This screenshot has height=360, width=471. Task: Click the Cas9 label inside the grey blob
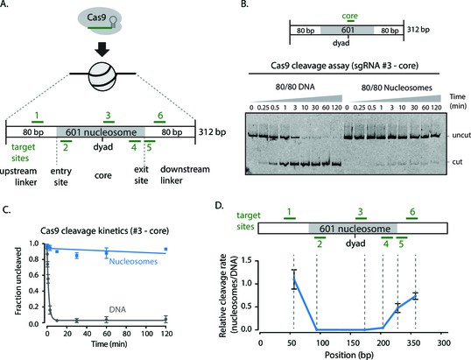point(96,18)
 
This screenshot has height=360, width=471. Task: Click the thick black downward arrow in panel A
point(102,49)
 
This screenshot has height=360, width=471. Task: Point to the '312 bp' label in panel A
point(212,132)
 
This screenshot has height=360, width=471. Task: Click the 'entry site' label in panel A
point(60,176)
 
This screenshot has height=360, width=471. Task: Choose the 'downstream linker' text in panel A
point(185,174)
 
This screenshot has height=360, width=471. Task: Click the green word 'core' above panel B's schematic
point(349,16)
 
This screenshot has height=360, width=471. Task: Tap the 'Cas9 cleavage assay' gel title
point(344,66)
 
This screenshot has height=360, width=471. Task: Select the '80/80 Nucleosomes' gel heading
point(397,88)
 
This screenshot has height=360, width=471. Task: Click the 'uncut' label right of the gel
point(461,135)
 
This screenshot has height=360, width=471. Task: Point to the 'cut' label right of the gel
point(457,162)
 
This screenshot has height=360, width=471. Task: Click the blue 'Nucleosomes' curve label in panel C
point(133,261)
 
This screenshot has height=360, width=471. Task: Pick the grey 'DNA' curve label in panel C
point(117,309)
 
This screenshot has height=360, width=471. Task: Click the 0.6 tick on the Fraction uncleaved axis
point(35,275)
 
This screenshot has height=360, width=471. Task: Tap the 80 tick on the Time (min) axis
point(126,334)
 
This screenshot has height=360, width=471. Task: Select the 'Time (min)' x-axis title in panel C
point(109,343)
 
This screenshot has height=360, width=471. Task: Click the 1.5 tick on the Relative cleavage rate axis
point(247,260)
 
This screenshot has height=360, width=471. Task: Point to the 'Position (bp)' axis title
point(349,355)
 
